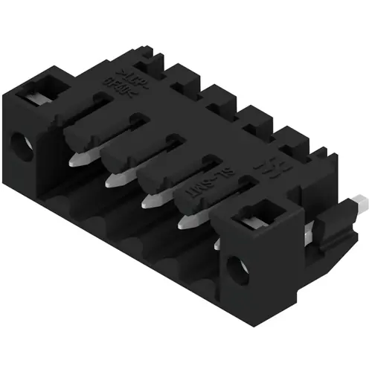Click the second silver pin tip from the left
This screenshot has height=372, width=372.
[114, 180]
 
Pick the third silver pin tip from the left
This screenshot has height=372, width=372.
[152, 202]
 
